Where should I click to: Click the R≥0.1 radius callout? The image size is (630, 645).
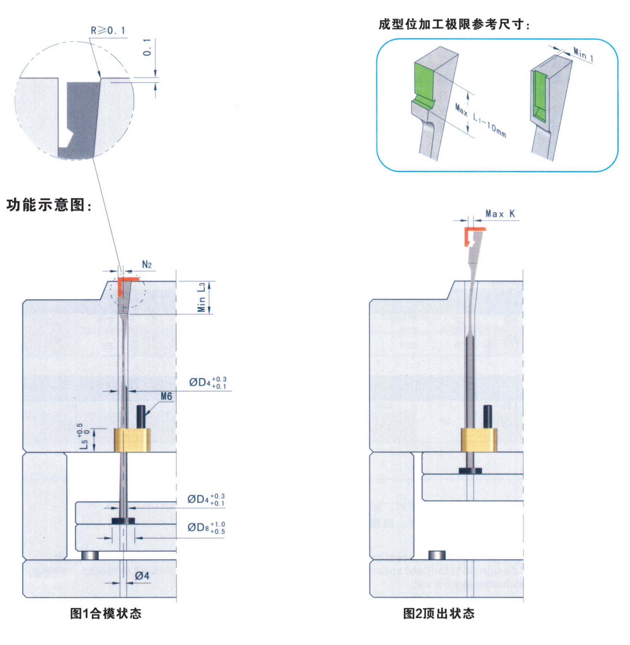point(108,31)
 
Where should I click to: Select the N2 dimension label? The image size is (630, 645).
point(147,265)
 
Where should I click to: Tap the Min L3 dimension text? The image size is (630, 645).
point(201,297)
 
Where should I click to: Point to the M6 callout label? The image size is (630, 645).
point(166,396)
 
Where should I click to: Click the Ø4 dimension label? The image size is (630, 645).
point(142,576)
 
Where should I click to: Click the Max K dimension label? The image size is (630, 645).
point(500,214)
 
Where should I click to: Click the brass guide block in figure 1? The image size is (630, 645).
point(132,440)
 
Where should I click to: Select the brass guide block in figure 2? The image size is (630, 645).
point(479,440)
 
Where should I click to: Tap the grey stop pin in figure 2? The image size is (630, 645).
point(437,555)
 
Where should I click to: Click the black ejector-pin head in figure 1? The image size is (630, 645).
point(123,520)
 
